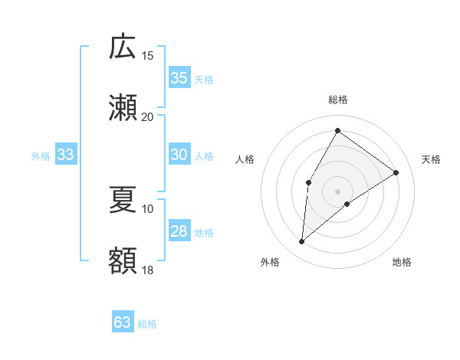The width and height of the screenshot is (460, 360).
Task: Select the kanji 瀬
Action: [x=123, y=108]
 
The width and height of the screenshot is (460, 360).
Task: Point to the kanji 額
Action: [x=123, y=260]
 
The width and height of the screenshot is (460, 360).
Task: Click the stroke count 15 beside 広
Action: [x=147, y=56]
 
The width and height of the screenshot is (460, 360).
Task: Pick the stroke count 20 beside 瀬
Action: [x=147, y=116]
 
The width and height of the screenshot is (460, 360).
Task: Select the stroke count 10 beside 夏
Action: [x=147, y=208]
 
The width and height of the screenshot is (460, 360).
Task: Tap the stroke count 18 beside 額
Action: [x=147, y=270]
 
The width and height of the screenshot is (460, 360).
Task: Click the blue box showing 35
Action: [x=179, y=78]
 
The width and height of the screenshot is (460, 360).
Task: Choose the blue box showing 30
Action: [x=179, y=155]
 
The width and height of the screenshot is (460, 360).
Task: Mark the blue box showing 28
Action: [x=179, y=231]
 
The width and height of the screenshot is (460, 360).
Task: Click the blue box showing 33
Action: [x=66, y=155]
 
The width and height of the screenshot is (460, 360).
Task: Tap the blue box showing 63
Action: [x=123, y=322]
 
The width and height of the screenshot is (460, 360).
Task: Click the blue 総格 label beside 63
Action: [x=148, y=324]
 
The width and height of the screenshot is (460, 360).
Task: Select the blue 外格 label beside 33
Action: [x=41, y=156]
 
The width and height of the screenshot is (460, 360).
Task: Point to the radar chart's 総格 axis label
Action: [x=338, y=100]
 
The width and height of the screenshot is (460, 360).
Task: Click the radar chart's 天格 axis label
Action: [x=431, y=159]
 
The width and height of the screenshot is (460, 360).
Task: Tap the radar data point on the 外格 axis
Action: [x=302, y=242]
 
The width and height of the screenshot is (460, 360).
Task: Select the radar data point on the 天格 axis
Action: [x=396, y=172]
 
